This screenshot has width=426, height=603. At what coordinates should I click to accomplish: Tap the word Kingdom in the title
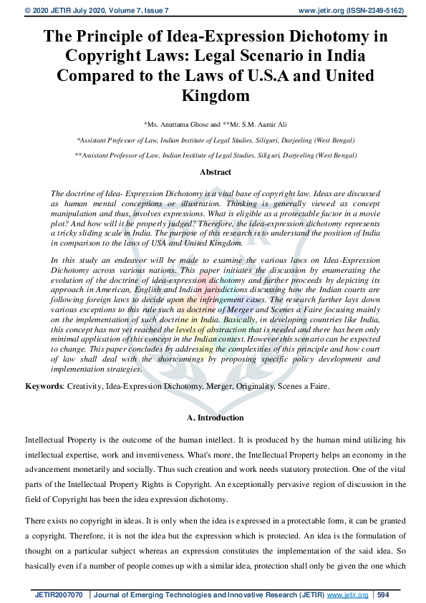click(x=213, y=95)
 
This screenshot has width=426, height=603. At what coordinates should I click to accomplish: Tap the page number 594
click(x=383, y=595)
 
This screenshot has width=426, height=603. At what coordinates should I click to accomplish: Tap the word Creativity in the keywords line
click(x=87, y=386)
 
